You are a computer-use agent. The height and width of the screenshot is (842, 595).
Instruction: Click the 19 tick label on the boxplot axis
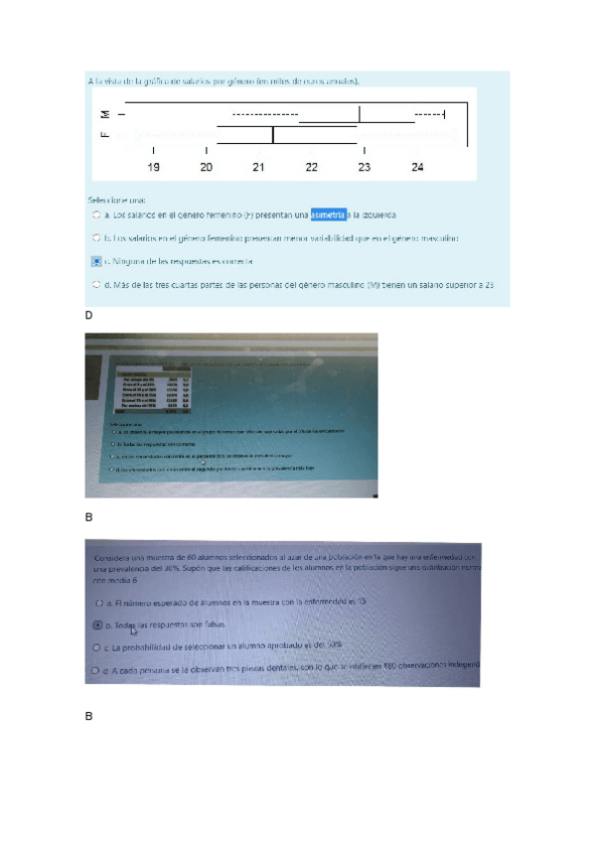154,167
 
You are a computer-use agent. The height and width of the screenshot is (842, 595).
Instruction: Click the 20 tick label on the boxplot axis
207,167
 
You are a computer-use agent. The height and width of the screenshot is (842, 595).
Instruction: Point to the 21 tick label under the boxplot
259,167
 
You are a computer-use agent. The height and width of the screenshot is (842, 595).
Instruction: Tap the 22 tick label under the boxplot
312,167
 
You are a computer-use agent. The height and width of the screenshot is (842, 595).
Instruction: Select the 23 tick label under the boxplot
365,167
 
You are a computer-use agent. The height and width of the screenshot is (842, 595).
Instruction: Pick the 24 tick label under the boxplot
417,167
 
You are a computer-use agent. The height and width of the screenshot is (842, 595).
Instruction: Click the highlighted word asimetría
329,212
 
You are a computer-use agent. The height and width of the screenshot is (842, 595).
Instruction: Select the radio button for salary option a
95,213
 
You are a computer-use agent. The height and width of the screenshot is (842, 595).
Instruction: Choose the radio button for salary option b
95,238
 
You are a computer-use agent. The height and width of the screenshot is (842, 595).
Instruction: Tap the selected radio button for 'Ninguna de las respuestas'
95,261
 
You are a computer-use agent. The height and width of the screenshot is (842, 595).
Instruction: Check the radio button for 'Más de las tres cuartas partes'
95,284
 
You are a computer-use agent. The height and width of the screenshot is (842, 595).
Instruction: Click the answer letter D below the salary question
88,315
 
